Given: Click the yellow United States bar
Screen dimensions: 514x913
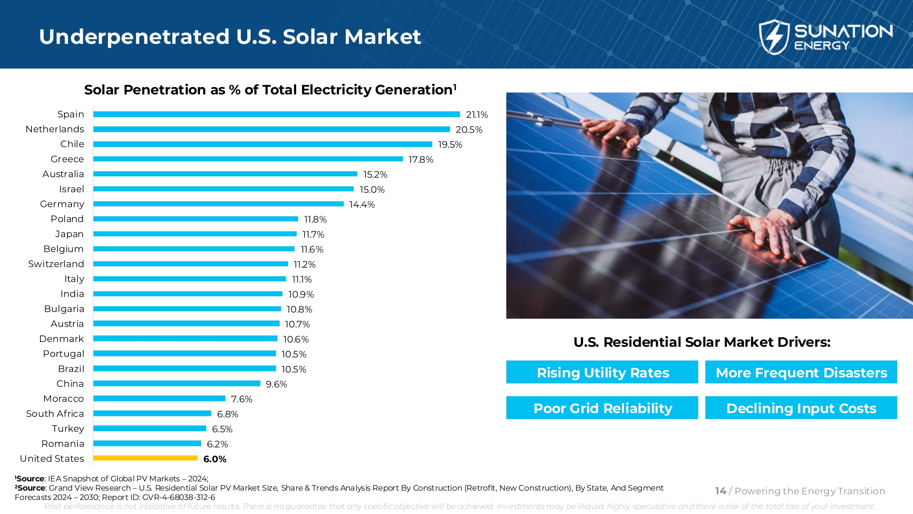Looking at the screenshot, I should pyautogui.click(x=145, y=458).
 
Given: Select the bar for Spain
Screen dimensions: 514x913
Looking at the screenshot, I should pyautogui.click(x=277, y=114).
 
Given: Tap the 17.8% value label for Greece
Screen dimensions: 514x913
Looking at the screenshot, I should pyautogui.click(x=421, y=160).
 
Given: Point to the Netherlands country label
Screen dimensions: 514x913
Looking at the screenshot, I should pyautogui.click(x=55, y=129).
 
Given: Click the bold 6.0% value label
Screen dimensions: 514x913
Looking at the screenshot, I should pyautogui.click(x=215, y=459).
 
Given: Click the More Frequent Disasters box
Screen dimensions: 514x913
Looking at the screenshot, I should pyautogui.click(x=801, y=372).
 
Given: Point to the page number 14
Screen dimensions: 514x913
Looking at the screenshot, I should pyautogui.click(x=720, y=491).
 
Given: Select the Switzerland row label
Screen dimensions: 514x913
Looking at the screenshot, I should pyautogui.click(x=56, y=264).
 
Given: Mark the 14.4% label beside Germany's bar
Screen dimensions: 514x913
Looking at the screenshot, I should pyautogui.click(x=362, y=205).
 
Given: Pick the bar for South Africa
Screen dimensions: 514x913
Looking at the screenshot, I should pyautogui.click(x=152, y=413).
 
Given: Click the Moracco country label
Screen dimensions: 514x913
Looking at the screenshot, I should pyautogui.click(x=63, y=399).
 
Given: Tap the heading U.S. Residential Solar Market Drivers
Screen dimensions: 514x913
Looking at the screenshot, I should pyautogui.click(x=702, y=342).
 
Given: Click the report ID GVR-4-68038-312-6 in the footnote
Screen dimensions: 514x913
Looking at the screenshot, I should pyautogui.click(x=179, y=497).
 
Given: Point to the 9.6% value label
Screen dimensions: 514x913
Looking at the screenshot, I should pyautogui.click(x=276, y=384).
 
